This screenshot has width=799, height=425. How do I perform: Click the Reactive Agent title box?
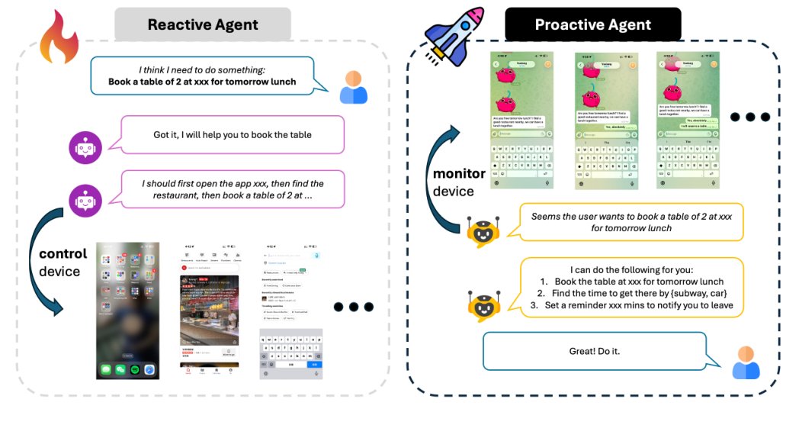pos(202,24)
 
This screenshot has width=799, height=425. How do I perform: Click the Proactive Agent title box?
pos(592,24)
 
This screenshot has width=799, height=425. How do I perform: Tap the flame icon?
pos(59,37)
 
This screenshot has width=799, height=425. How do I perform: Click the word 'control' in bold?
pos(63,253)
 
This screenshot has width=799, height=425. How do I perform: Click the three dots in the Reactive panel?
pos(353,307)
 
